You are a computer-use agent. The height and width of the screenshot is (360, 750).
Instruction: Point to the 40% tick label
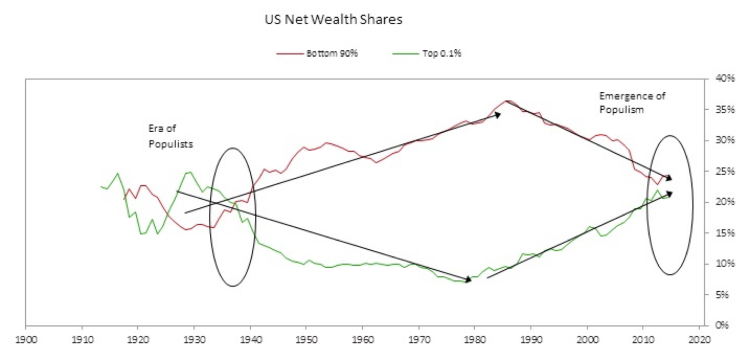tap(722, 79)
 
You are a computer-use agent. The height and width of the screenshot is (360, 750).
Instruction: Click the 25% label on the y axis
tap(722, 172)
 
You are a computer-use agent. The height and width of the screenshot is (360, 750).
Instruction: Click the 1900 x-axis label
tap(26, 338)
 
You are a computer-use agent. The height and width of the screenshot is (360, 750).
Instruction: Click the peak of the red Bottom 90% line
tap(507, 100)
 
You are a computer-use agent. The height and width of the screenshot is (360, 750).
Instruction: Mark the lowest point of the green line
tap(465, 282)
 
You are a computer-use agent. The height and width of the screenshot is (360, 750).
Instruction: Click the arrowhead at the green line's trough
tap(468, 280)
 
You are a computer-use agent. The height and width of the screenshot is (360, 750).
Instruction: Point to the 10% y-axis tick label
tap(722, 264)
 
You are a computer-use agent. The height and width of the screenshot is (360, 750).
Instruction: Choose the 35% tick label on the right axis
tap(722, 110)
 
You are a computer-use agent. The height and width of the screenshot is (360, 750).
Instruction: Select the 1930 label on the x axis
tap(194, 338)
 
